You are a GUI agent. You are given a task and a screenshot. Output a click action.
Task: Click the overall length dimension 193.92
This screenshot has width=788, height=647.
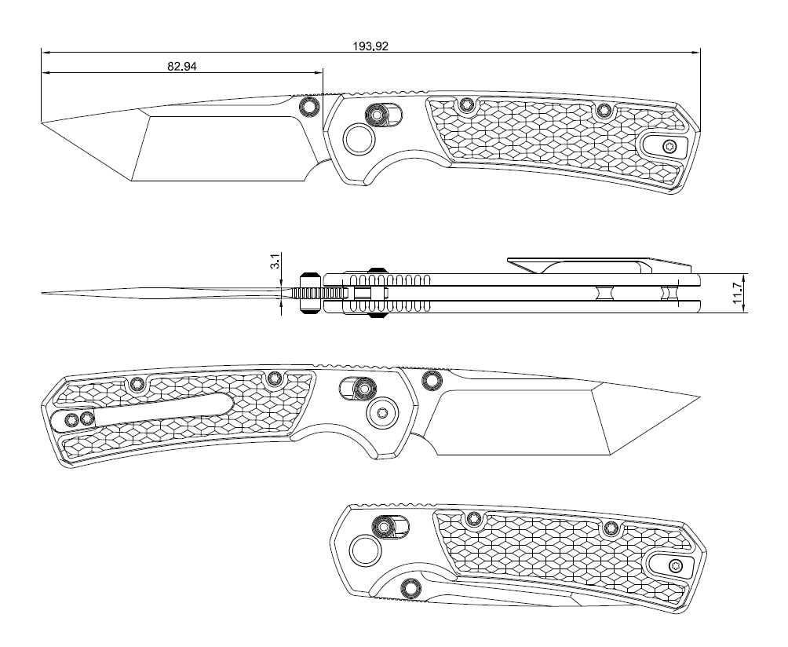point(370,46)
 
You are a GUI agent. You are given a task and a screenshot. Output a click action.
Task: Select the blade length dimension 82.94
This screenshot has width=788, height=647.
point(181,67)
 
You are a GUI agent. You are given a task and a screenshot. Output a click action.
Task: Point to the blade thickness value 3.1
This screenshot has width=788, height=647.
point(275,261)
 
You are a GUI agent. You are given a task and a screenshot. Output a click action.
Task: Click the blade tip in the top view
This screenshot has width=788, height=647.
point(42,122)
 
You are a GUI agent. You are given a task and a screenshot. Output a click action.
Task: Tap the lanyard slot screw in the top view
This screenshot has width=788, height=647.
point(669,146)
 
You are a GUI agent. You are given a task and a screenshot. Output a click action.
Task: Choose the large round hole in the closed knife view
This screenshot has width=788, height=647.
point(365,551)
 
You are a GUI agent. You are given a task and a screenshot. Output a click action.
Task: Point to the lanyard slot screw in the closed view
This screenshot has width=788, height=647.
point(675,565)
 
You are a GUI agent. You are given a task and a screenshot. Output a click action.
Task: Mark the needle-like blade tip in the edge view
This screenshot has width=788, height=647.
point(44,293)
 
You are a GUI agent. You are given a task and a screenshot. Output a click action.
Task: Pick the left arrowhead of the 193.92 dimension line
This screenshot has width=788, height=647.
point(44,53)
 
